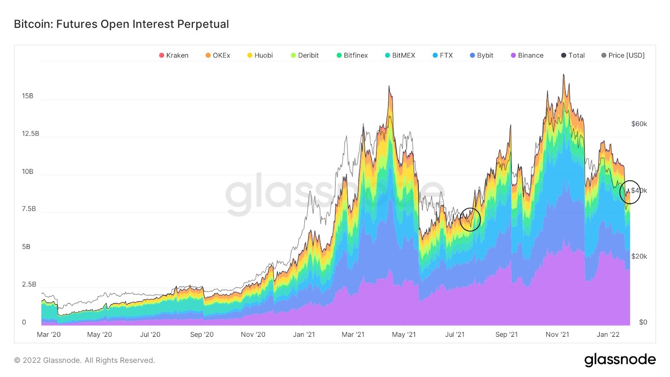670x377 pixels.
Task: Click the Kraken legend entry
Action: pos(174,55)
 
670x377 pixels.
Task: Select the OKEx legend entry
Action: pos(218,55)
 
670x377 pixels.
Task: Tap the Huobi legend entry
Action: pos(260,55)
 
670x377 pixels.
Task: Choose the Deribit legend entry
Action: pos(305,55)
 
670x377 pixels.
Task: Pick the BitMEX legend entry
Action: pos(400,55)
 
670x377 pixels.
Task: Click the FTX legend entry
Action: pos(443,55)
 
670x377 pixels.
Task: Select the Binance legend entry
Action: pos(527,55)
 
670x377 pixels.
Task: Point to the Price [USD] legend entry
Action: pos(623,55)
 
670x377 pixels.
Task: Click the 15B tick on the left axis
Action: pos(28,96)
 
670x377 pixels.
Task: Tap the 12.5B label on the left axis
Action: pos(31,134)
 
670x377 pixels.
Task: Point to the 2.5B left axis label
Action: pos(29,284)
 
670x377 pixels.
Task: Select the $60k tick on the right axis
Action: pos(639,124)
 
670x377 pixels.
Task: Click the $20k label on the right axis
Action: pos(639,256)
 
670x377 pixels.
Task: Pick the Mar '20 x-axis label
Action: pos(49,334)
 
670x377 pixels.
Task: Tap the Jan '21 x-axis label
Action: pos(304,334)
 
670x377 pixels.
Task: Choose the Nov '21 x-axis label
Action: pos(557,334)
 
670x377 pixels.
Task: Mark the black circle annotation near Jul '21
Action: pos(470,219)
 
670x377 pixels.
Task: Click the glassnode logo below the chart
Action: pos(620,360)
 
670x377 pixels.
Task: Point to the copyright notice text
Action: pos(85,360)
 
